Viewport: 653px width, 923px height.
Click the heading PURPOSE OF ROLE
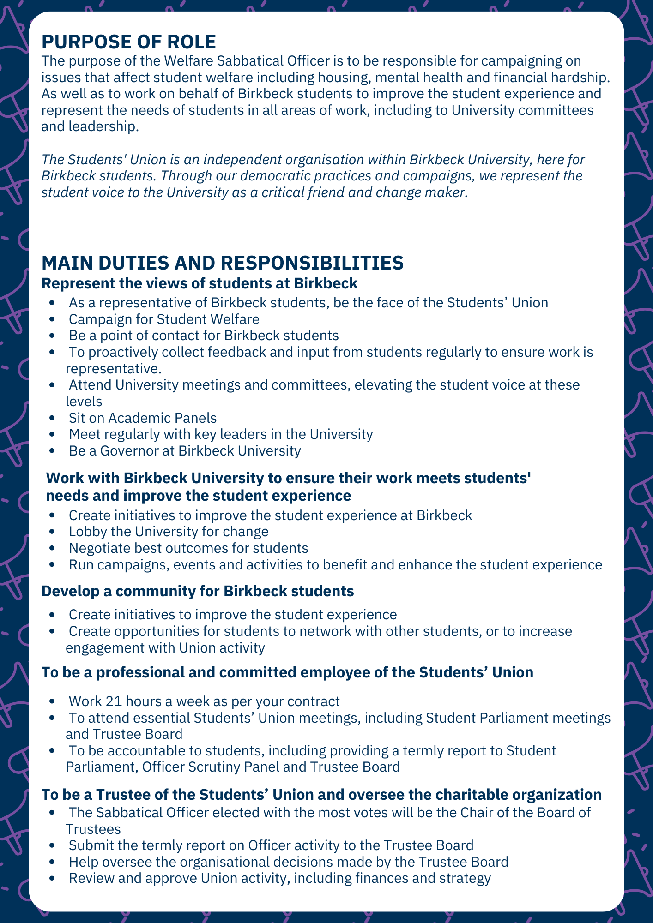[128, 42]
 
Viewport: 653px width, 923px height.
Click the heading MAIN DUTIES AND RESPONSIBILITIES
[223, 263]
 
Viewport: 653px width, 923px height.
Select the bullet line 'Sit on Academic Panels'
[142, 418]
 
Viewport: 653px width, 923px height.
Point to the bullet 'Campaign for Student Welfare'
[164, 319]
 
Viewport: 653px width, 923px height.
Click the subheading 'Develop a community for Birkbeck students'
[198, 591]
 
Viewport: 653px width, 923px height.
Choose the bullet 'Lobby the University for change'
[169, 532]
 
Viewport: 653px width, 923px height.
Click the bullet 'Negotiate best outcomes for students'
[188, 548]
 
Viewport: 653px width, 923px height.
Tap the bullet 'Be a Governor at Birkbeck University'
[185, 450]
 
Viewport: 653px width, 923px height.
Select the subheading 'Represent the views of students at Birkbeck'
[200, 283]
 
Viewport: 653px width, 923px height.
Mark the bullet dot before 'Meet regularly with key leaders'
[54, 435]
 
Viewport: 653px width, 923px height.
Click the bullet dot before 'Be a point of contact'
[54, 336]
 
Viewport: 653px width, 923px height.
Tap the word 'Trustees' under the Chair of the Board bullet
[93, 829]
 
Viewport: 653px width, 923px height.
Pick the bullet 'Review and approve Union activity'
[279, 878]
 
